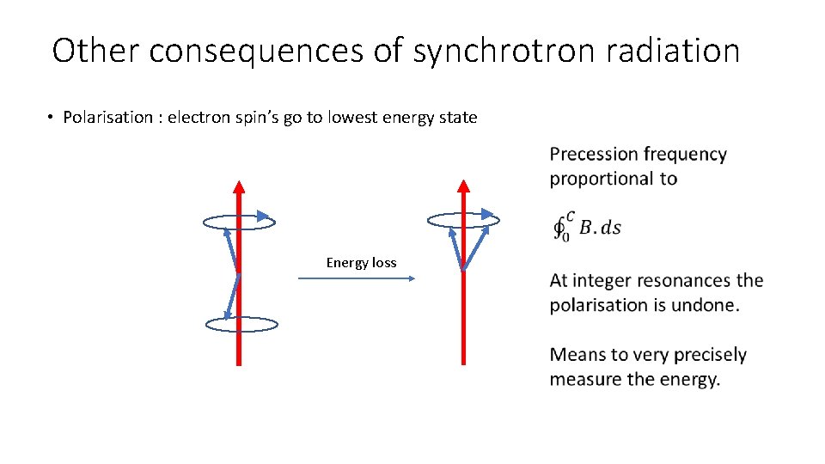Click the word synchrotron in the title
click(x=504, y=52)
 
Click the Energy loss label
click(x=361, y=263)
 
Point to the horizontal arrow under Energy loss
click(x=357, y=278)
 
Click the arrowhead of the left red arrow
click(x=239, y=186)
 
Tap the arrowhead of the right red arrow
click(x=463, y=186)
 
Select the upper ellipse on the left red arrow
click(x=239, y=223)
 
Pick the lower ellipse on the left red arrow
click(x=241, y=325)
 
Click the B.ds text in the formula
click(x=600, y=228)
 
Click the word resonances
click(x=684, y=281)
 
